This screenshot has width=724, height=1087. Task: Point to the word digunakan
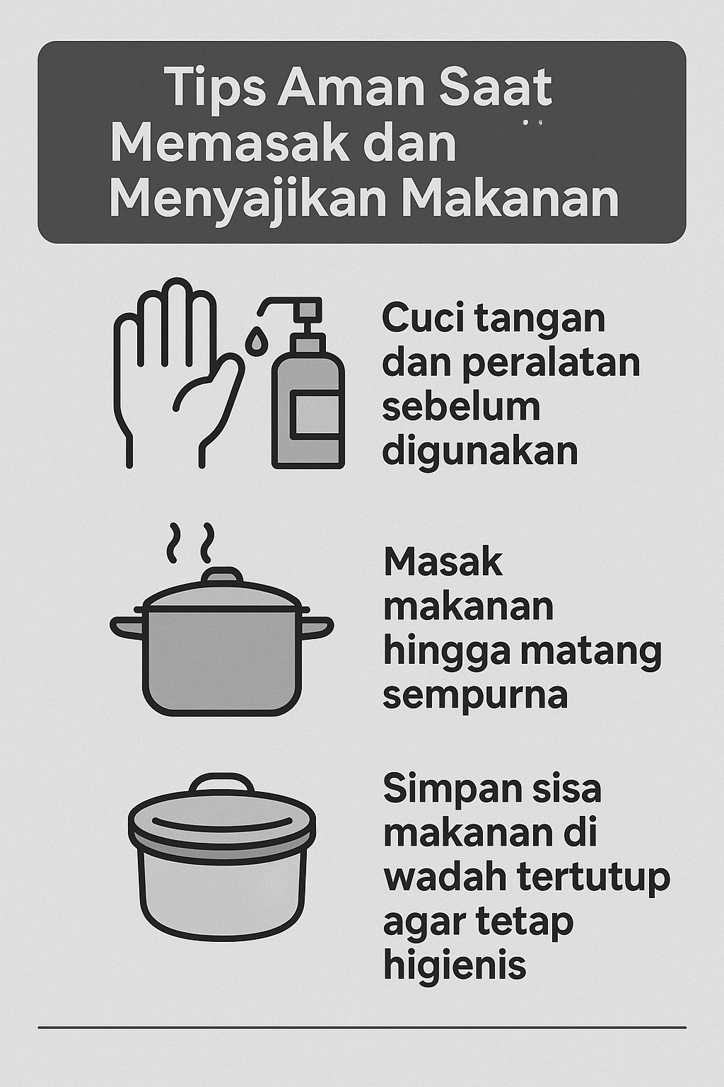[480, 451]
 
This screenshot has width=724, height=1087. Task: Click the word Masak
[443, 563]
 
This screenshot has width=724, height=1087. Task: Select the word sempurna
[475, 696]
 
